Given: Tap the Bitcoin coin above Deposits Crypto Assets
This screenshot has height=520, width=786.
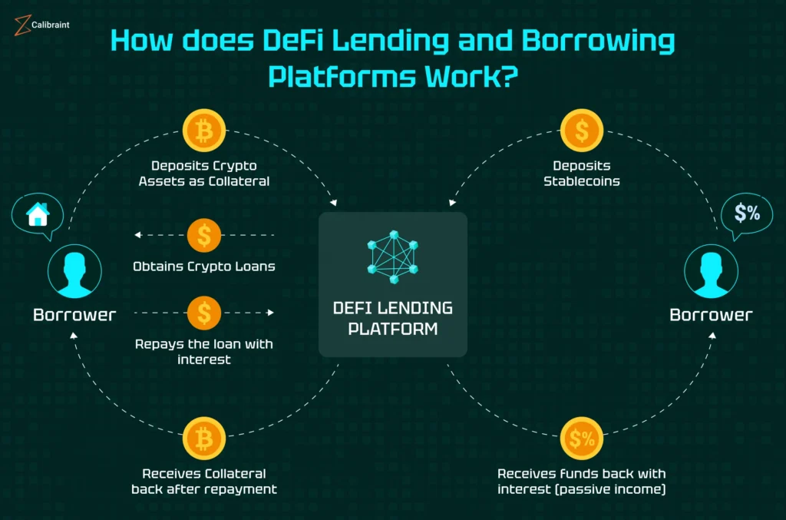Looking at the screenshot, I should (204, 131).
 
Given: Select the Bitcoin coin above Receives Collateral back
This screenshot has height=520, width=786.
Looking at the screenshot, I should (204, 439).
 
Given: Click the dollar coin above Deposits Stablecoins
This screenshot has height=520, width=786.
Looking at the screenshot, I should (581, 131).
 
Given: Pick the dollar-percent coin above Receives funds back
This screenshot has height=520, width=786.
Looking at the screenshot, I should (581, 439).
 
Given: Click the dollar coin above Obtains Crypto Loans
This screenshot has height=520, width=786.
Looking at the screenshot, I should (204, 234).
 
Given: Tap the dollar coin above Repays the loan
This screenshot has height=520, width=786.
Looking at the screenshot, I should (204, 313).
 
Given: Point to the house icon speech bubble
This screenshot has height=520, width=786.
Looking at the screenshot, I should (37, 215).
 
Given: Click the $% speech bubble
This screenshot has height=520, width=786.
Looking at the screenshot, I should (747, 214).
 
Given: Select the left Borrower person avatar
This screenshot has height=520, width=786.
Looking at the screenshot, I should (74, 273).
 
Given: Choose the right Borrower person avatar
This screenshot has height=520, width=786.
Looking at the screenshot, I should (711, 273).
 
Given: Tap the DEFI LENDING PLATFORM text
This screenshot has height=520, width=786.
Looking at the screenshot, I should (392, 318).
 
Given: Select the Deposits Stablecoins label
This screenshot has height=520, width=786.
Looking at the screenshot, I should (581, 174).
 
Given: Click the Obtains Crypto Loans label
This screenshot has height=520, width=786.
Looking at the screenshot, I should (204, 267).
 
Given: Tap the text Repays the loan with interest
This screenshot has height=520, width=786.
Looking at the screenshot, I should (204, 351).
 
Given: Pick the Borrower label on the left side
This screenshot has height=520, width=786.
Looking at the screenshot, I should (74, 314).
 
